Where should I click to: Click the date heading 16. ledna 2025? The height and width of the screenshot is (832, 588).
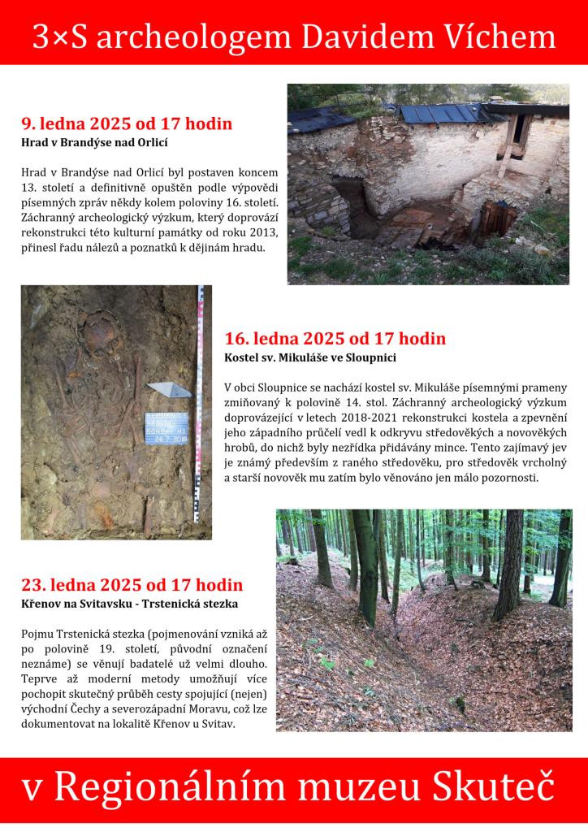coord(335,338)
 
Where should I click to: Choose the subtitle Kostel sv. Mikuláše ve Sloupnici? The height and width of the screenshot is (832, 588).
coord(310,357)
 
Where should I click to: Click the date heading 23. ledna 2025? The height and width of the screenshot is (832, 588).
coord(132,585)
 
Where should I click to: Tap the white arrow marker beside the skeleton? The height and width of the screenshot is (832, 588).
coord(169,389)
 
